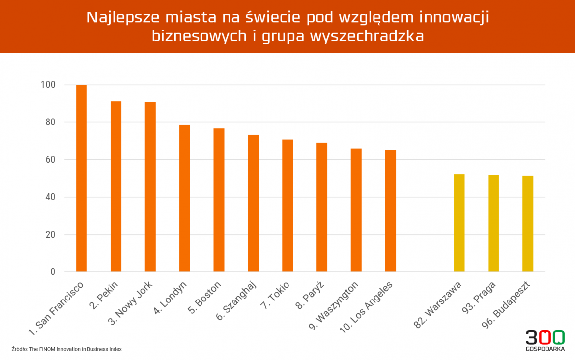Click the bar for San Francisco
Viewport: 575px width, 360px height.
click(82, 178)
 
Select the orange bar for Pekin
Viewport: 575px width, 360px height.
click(116, 186)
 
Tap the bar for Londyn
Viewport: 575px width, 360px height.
click(184, 198)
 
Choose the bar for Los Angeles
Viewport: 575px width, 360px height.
click(391, 211)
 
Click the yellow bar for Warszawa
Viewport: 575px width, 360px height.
click(459, 223)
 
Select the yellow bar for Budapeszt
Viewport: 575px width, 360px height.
click(528, 224)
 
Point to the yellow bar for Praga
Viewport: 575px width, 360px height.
click(493, 223)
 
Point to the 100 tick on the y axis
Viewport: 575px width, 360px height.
click(48, 85)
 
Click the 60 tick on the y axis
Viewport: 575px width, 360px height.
click(50, 160)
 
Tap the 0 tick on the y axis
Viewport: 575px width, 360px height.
click(53, 272)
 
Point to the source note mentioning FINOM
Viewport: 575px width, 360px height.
click(66, 349)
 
